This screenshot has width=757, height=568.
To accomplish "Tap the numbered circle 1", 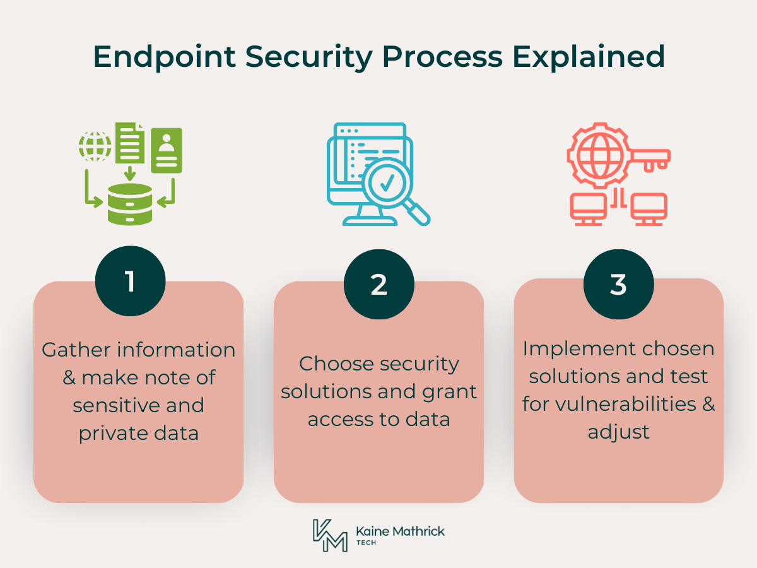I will (x=130, y=281).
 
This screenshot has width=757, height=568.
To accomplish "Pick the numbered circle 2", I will (x=378, y=285).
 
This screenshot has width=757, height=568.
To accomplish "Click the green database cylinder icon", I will (x=130, y=204).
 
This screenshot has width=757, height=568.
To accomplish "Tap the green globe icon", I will (x=95, y=146).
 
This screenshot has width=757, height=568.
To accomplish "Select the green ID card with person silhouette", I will (x=167, y=150).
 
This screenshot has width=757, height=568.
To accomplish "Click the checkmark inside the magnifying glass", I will (x=386, y=183).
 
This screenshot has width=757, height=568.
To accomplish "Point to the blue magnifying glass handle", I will (x=418, y=213).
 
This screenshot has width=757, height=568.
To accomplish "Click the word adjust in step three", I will (x=618, y=432).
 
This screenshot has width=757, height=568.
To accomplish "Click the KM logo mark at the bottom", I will (x=329, y=535).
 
